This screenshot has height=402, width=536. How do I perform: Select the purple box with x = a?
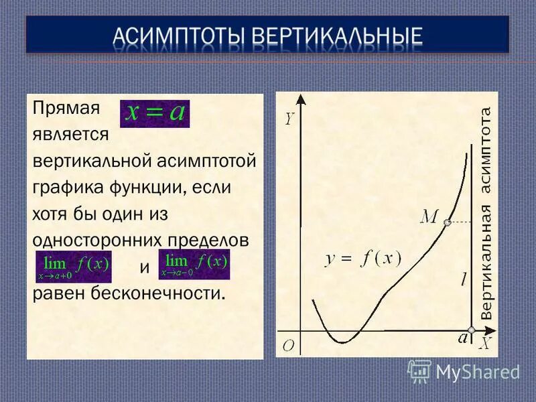[154, 112]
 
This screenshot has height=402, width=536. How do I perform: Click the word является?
[70, 134]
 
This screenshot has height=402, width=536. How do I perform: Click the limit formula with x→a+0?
[73, 266]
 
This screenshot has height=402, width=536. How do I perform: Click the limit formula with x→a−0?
[194, 264]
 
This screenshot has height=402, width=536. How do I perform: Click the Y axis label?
[289, 119]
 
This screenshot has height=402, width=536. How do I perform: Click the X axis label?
[484, 343]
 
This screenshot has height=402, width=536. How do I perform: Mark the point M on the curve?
[447, 222]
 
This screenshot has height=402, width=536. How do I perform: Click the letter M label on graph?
[429, 216]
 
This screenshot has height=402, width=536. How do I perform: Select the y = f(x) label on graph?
[362, 259]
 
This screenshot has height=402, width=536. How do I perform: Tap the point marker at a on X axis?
[472, 330]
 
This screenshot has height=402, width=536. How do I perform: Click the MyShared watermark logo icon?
[419, 371]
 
